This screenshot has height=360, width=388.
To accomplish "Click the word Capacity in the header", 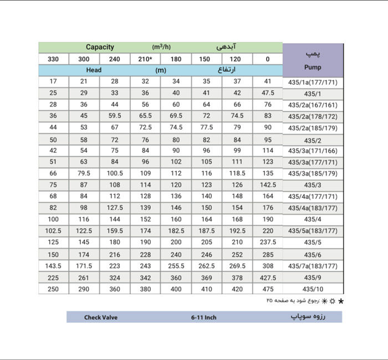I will pyautogui.click(x=100, y=47).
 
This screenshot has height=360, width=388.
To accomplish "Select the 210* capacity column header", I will pyautogui.click(x=145, y=59).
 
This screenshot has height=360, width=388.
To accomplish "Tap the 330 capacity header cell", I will pyautogui.click(x=53, y=59).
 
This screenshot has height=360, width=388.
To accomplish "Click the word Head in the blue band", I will pyautogui.click(x=94, y=70).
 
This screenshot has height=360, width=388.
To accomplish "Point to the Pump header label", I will pyautogui.click(x=313, y=68).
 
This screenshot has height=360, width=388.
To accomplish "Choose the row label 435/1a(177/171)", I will pyautogui.click(x=313, y=82).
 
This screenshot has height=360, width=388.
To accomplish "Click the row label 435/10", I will pyautogui.click(x=313, y=289).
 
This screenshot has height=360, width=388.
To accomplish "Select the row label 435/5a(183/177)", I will pyautogui.click(x=313, y=231).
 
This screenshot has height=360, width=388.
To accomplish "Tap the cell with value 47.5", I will pyautogui.click(x=268, y=93).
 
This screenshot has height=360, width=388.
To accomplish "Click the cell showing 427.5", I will pyautogui.click(x=268, y=277).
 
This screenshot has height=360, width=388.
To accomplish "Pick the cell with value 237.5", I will pyautogui.click(x=268, y=243).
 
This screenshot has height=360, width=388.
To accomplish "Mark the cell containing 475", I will pyautogui.click(x=268, y=289).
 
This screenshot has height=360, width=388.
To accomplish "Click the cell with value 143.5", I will pyautogui.click(x=53, y=266).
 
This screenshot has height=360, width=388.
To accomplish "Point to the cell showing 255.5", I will pyautogui.click(x=176, y=266).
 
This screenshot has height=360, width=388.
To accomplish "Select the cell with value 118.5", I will pyautogui.click(x=237, y=173).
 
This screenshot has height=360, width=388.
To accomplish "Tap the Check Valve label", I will pyautogui.click(x=100, y=317).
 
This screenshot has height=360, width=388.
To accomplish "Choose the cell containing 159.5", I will pyautogui.click(x=115, y=231).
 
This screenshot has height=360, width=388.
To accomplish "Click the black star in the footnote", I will pyautogui.click(x=341, y=301).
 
